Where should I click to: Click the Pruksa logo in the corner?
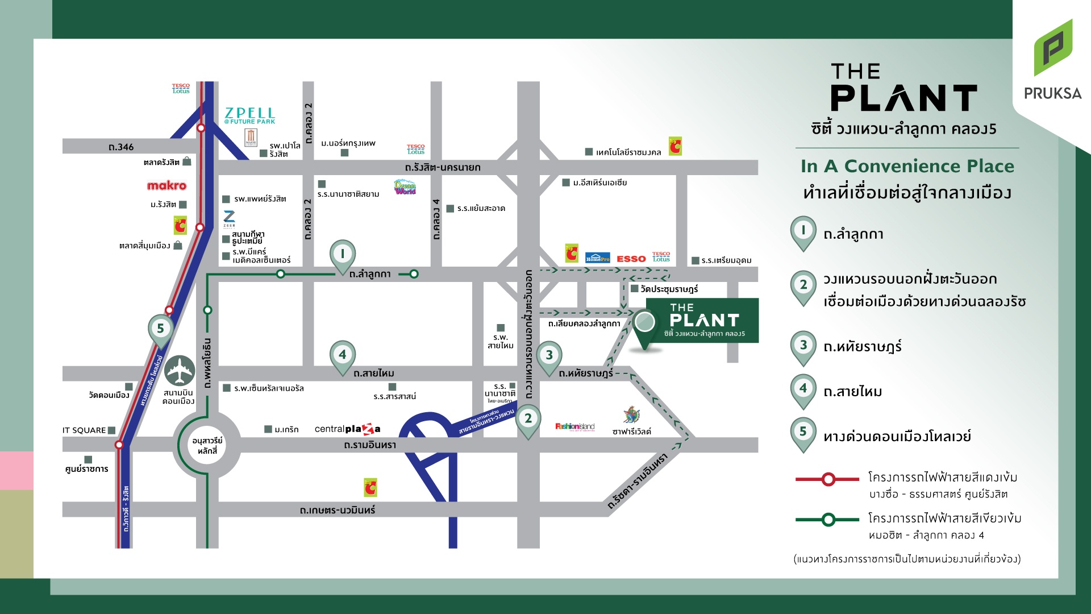[1052, 60]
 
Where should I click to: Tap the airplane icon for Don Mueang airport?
[180, 371]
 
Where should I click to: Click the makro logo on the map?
[166, 185]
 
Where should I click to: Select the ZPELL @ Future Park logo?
[249, 115]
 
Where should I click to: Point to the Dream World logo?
[405, 187]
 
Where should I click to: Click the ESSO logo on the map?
[631, 259]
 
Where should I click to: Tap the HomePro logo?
[597, 258]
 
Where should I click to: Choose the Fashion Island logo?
[574, 426]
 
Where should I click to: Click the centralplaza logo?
[347, 429]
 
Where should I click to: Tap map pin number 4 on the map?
[342, 355]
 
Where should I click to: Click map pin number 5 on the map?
[160, 329]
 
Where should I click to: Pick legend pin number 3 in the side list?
[803, 346]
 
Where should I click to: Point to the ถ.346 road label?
[121, 147]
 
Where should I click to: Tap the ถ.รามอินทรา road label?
[370, 445]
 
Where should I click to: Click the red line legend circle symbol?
[828, 479]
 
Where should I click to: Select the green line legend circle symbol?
[828, 520]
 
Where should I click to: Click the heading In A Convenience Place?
[907, 166]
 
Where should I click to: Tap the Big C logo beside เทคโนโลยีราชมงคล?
[675, 146]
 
